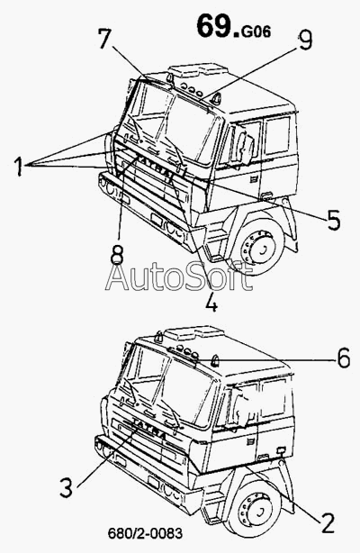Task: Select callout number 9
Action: (x=304, y=39)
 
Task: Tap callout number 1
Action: (x=19, y=166)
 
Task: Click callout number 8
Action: (x=117, y=255)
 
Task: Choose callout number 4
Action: (x=211, y=301)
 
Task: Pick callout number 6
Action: (x=343, y=358)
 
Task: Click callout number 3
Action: (x=67, y=488)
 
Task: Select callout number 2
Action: (x=327, y=522)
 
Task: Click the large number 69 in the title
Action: (x=214, y=26)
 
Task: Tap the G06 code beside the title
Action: (x=256, y=32)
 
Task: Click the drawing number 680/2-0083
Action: (x=145, y=533)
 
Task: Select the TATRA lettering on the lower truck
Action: (x=149, y=428)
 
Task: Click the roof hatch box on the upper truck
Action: (x=199, y=70)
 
